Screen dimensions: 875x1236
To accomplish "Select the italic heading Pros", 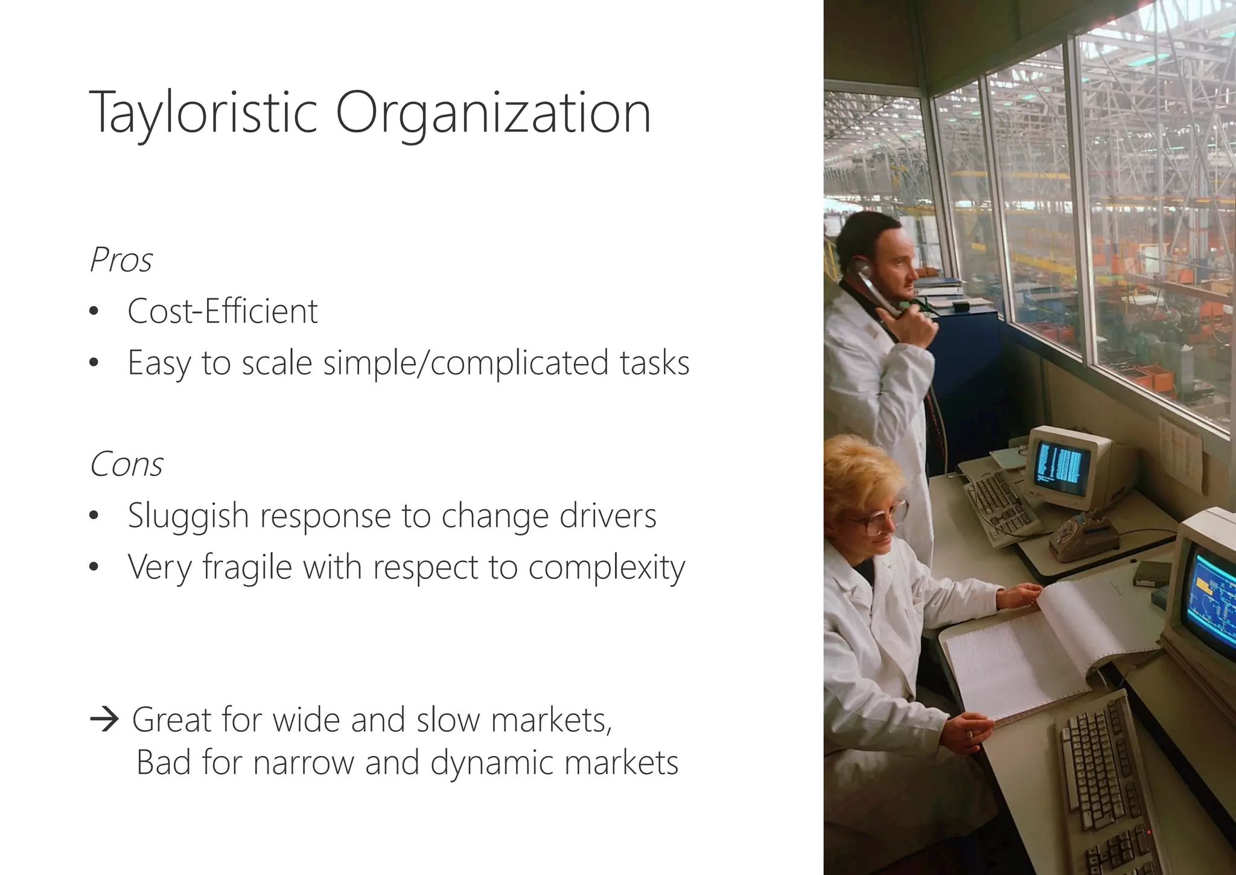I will (x=121, y=261).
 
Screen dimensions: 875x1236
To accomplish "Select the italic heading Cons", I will (x=126, y=465).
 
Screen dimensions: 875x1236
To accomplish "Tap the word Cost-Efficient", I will (x=222, y=312).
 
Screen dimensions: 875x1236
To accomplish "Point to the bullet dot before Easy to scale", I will (x=92, y=364).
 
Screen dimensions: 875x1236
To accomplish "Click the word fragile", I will (x=247, y=568).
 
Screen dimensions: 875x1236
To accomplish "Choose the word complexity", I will (x=607, y=568).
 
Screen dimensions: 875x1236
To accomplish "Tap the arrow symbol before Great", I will (x=104, y=720).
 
